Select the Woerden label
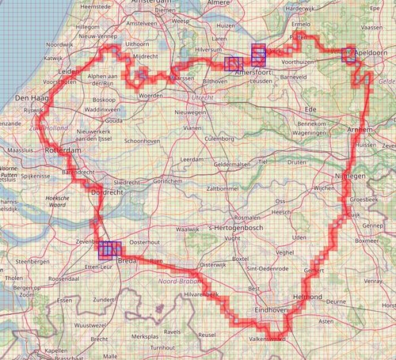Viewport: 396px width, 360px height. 150,95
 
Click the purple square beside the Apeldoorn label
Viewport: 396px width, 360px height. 348,56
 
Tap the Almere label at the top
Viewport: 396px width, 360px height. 218,3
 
